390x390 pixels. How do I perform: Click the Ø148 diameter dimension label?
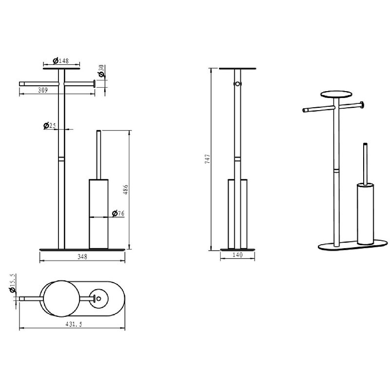(60, 60)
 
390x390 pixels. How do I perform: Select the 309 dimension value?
(43, 90)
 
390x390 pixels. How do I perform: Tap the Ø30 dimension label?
(101, 71)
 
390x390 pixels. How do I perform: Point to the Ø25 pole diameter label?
(50, 126)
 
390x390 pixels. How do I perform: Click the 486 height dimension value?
(126, 189)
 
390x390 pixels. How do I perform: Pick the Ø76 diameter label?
(118, 214)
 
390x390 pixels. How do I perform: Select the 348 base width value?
(82, 257)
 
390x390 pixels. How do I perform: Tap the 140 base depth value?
(237, 255)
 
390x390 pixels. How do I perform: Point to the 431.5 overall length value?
(74, 324)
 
